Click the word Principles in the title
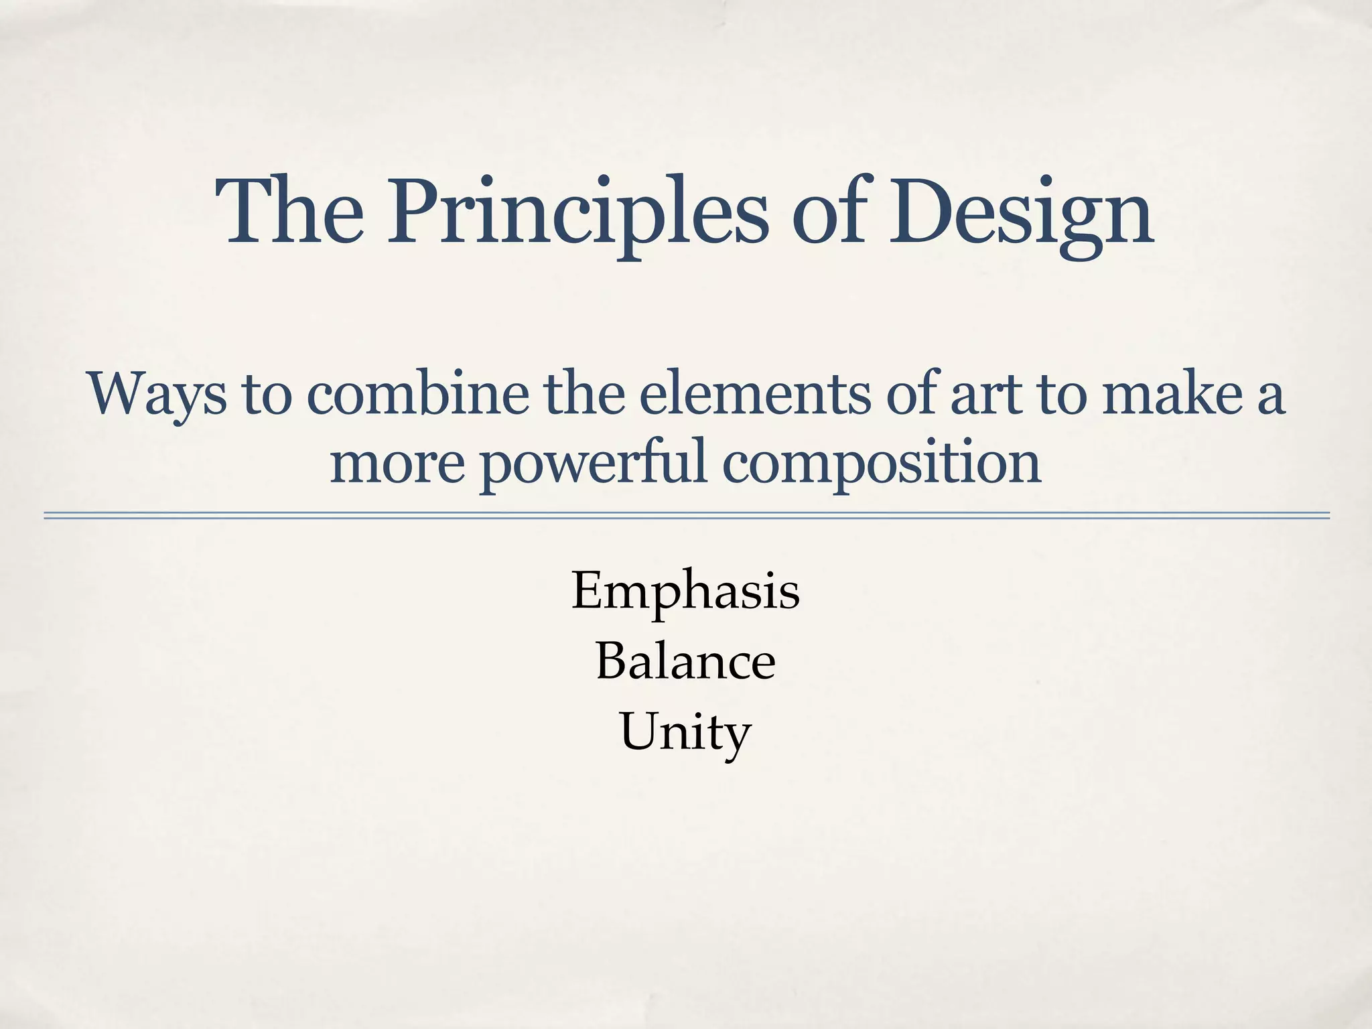tap(576, 213)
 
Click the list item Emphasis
tap(685, 591)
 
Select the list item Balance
tap(685, 661)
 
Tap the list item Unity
tap(685, 732)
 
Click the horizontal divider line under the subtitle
tap(686, 515)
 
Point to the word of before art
tap(914, 394)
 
